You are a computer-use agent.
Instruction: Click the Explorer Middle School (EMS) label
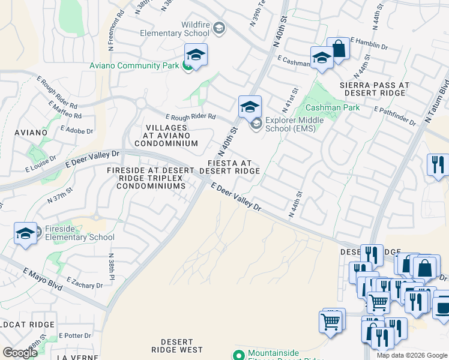pos(294,124)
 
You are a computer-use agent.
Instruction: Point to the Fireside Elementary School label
pos(79,233)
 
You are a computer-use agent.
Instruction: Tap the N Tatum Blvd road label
pos(436,101)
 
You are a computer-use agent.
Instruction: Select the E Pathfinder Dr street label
pos(394,116)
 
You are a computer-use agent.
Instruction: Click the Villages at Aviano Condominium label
pos(166,136)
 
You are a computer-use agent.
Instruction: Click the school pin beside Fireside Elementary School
pos(26,233)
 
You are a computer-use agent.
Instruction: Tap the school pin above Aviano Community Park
pos(196,55)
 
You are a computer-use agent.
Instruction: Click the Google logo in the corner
pos(20,352)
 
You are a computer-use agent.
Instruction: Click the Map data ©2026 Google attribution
pos(412,355)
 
